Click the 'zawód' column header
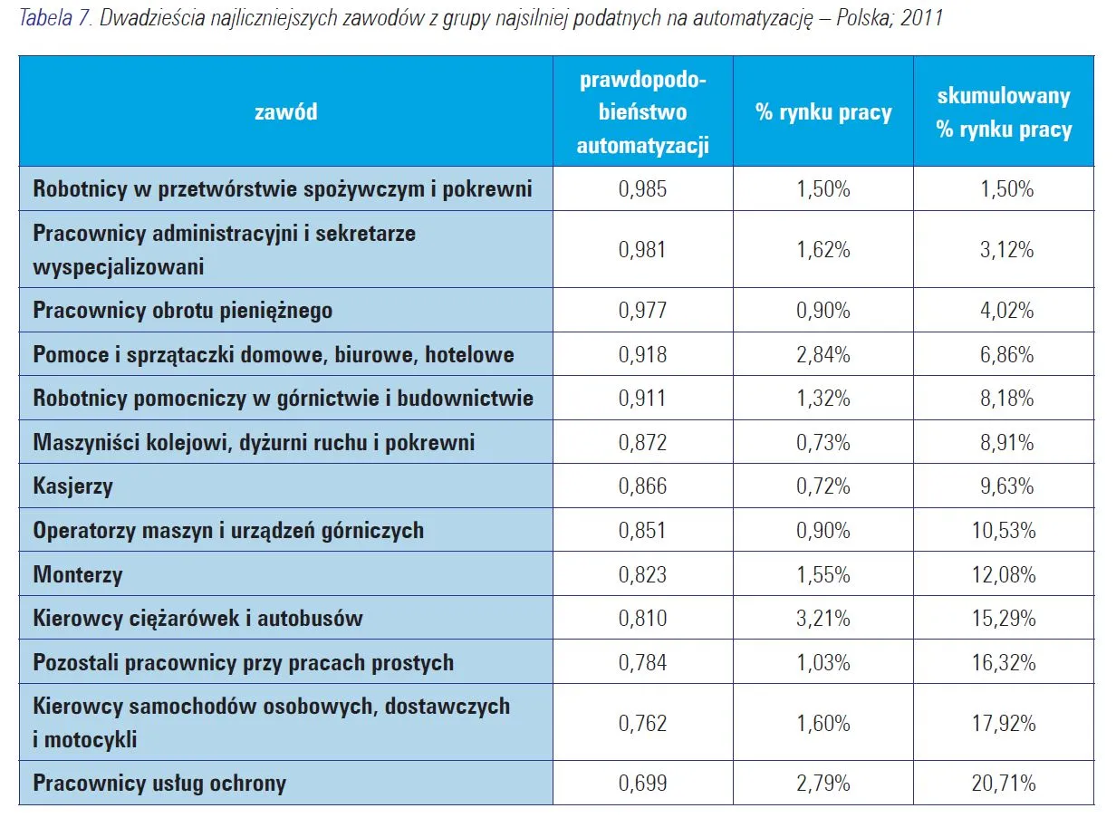coord(285,112)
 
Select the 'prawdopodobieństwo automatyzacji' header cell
coord(642,112)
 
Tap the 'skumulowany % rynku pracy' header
coord(1004,113)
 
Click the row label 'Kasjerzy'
coord(73,486)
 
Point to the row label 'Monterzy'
coord(78,575)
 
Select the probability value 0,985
coord(642,189)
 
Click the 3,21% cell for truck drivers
coord(823,619)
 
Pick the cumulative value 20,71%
coord(1003,784)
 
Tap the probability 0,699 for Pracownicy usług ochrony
coord(642,784)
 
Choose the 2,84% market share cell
coord(823,355)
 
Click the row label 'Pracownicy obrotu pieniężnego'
coord(183,311)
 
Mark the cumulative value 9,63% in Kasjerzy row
coord(1003,486)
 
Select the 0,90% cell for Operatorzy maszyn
coord(823,531)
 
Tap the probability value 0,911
coord(642,399)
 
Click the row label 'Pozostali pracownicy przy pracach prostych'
coord(244,663)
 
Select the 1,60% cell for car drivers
coord(823,724)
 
